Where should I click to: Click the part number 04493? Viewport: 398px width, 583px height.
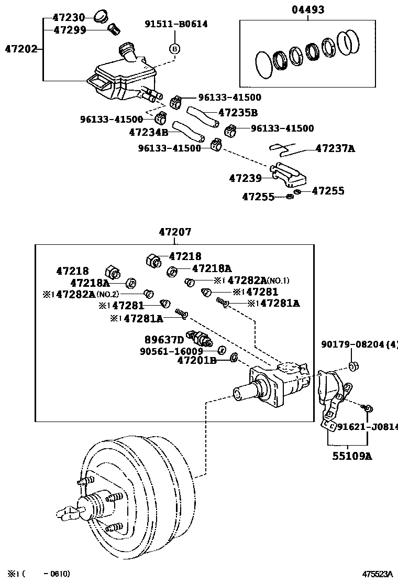click(308, 10)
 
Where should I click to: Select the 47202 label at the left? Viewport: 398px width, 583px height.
click(21, 50)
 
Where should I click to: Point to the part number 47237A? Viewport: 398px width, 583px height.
click(335, 148)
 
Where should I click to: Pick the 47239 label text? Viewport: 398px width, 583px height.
click(245, 178)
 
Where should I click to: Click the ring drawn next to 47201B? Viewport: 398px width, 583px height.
click(234, 358)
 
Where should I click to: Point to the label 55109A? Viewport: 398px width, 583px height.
click(352, 456)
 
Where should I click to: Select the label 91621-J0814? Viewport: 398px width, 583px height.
click(367, 427)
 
